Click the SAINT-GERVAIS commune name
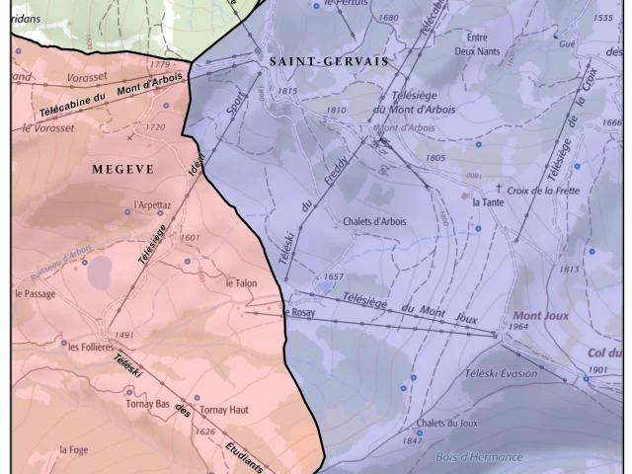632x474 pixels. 329,61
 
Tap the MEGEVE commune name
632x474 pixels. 122,169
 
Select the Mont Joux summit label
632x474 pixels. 541,316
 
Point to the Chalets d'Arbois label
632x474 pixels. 374,221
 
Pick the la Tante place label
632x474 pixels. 490,202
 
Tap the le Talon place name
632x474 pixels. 241,283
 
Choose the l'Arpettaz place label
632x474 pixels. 152,206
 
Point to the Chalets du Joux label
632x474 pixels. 446,424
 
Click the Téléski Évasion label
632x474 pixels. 501,373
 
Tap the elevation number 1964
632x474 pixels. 519,327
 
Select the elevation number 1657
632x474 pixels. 334,276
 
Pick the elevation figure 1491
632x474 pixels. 123,336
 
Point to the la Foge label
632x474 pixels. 74,450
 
